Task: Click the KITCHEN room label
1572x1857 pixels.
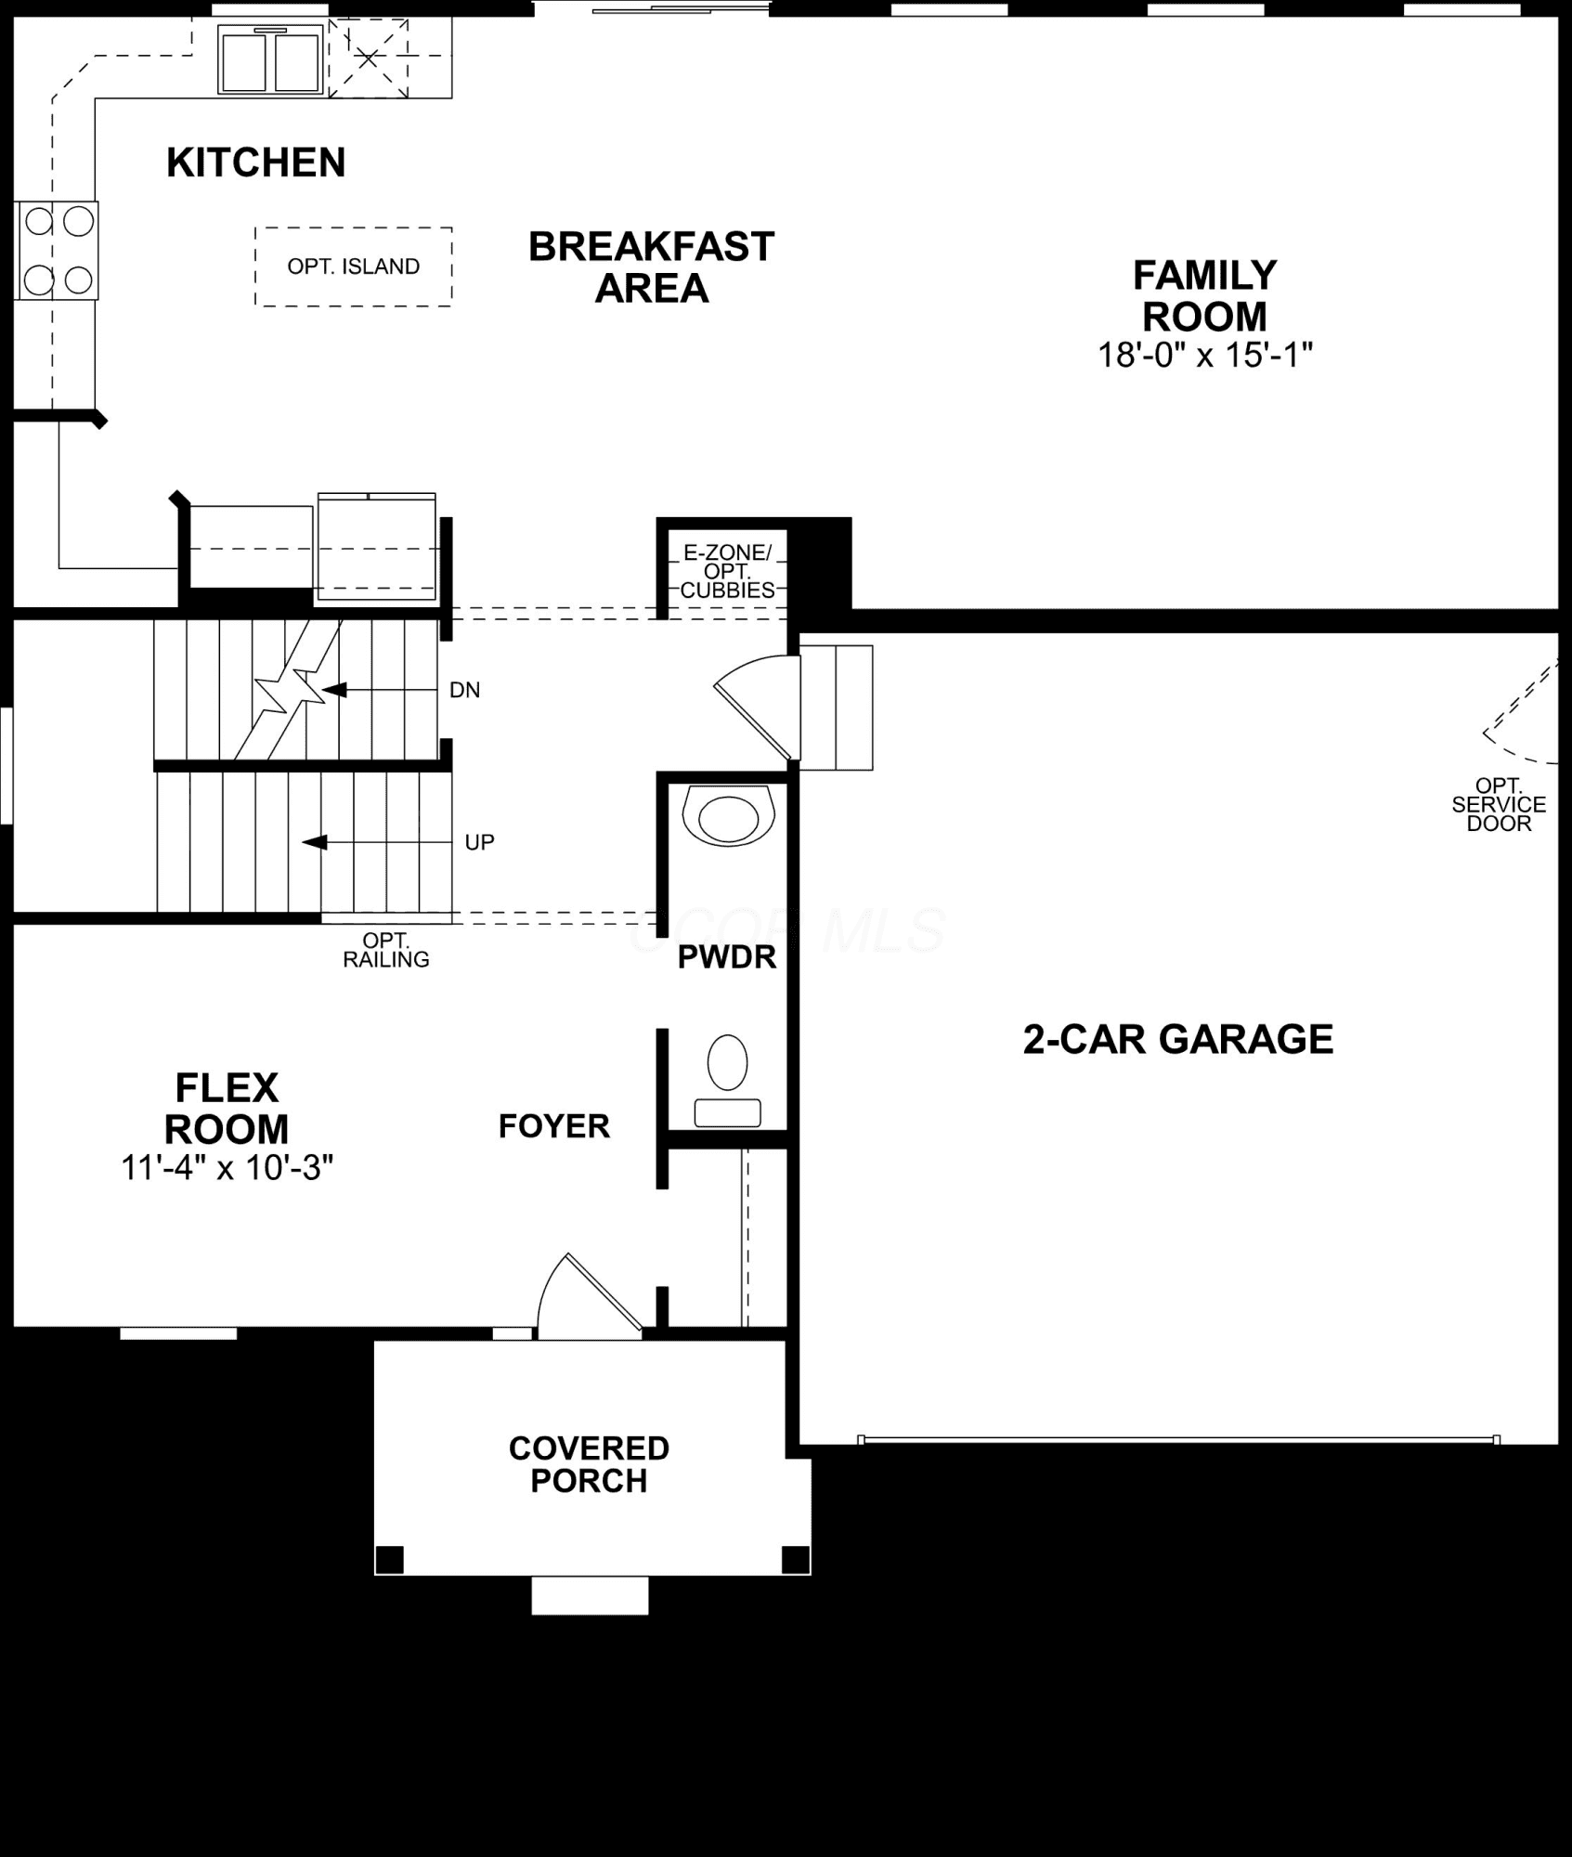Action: [x=255, y=162]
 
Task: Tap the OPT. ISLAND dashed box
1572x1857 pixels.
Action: [x=354, y=266]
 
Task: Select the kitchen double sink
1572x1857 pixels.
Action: [x=270, y=59]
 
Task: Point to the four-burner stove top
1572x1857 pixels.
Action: [x=58, y=251]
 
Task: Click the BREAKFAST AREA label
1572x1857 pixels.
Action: [x=651, y=267]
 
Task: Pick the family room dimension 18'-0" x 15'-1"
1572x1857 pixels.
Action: [x=1205, y=355]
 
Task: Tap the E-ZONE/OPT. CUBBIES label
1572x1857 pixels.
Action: [x=727, y=571]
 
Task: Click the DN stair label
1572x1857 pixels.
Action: [x=464, y=690]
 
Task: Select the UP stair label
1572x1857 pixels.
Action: [x=479, y=842]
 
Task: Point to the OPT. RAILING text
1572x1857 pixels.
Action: [x=386, y=951]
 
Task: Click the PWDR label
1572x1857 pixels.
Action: [x=727, y=957]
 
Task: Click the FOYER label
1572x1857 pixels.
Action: [x=554, y=1126]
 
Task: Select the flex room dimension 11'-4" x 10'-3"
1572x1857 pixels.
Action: [x=227, y=1168]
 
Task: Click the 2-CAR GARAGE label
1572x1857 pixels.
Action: [x=1178, y=1039]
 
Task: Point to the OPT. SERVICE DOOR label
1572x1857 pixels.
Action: [x=1500, y=804]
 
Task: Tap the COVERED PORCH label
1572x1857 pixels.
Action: [x=589, y=1464]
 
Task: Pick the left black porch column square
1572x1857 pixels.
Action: [x=390, y=1559]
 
